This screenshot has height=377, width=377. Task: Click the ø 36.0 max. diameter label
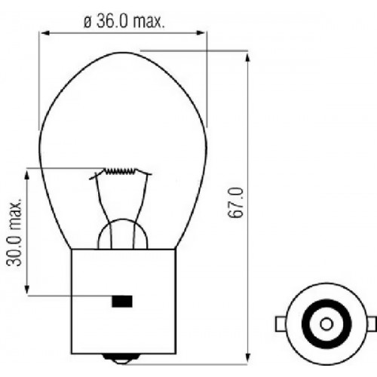coord(124,21)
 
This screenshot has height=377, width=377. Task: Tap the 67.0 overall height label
coord(235,203)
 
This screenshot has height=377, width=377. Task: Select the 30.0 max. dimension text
coord(14,233)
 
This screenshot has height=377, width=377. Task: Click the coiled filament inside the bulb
coord(121,171)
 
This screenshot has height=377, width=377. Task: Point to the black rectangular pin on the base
coord(122,302)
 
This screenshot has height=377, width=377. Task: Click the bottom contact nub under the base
coord(121,357)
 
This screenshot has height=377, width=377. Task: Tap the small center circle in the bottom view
coord(326,324)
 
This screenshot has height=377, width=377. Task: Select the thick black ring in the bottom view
coord(326,302)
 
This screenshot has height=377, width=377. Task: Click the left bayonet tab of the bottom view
coord(280,324)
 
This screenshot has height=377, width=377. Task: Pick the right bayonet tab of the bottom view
coord(372,324)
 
